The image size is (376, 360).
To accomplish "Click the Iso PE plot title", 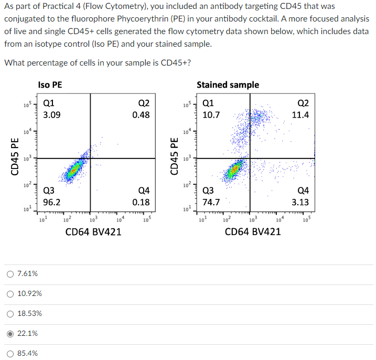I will coord(50,85).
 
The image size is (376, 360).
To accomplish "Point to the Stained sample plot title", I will coord(228,85).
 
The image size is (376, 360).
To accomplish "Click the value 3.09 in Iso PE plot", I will coord(51,114).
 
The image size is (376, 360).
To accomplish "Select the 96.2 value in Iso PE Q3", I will coord(51,202).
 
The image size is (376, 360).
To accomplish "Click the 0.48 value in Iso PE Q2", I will coord(141,114).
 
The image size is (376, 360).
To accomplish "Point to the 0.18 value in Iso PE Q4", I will coord(141,202).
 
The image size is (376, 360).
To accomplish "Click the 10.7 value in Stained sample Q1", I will coord(211,114).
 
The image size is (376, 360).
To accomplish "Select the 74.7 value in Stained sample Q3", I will coord(211,202).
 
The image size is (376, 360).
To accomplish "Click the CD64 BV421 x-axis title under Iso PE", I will coord(93,231).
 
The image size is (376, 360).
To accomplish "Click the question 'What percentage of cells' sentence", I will coord(98,63).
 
